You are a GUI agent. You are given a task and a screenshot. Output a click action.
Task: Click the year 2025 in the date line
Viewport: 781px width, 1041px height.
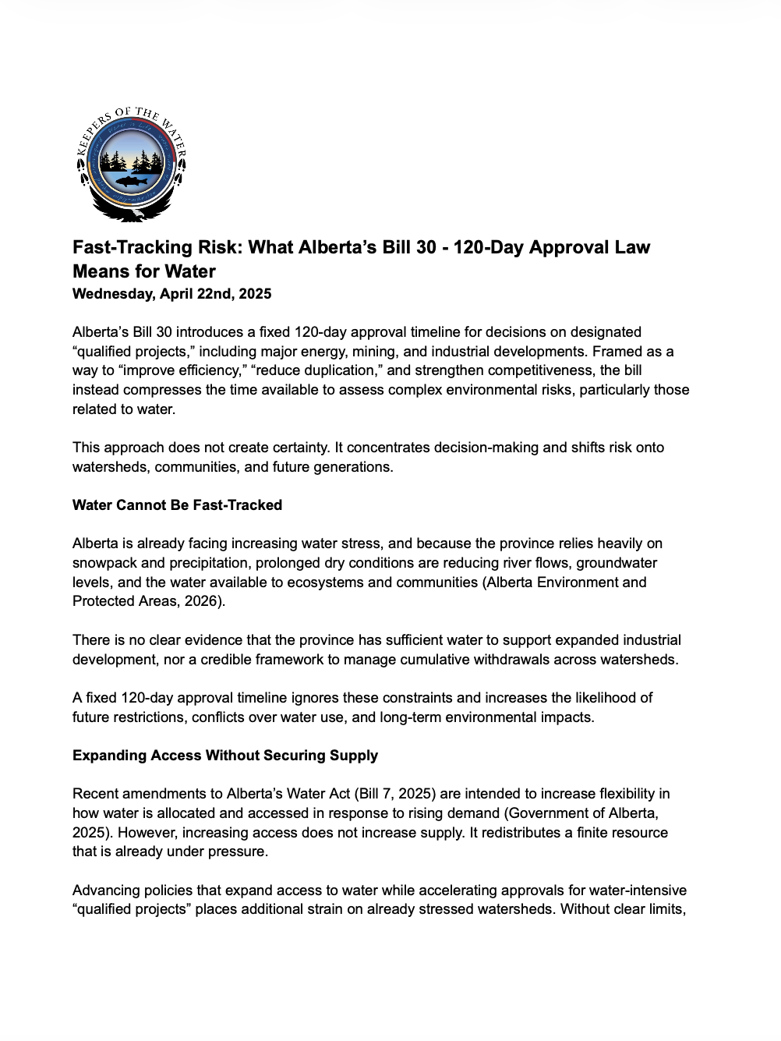pyautogui.click(x=255, y=294)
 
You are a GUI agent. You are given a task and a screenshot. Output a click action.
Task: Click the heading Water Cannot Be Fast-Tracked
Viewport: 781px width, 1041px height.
pyautogui.click(x=177, y=505)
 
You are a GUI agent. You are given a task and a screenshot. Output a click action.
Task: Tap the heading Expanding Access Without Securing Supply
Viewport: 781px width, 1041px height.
pyautogui.click(x=225, y=756)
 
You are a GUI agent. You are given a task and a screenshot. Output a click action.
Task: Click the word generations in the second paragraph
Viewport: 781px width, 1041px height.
pyautogui.click(x=354, y=467)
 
